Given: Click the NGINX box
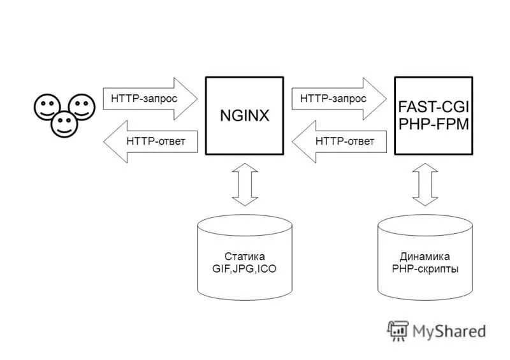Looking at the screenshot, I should click(x=244, y=115).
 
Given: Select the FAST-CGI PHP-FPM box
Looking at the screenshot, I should click(x=433, y=115).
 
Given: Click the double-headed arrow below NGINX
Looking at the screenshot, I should click(x=244, y=185).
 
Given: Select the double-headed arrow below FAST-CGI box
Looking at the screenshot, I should click(x=425, y=185).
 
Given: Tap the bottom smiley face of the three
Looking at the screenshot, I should click(x=64, y=124).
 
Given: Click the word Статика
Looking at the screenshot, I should click(x=244, y=257).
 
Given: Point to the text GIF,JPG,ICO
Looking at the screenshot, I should click(x=244, y=269).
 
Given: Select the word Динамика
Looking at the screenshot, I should click(x=425, y=257).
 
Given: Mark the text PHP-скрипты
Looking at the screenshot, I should click(x=425, y=269).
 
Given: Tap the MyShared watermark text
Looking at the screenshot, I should click(x=449, y=331).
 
